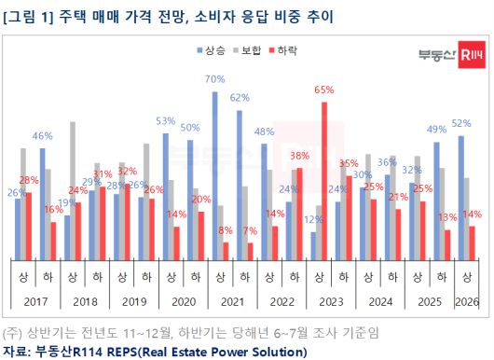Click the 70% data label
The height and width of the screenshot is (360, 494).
pos(214,79)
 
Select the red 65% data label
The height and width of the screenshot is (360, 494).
pos(323,90)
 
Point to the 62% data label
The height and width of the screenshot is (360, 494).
pos(239,97)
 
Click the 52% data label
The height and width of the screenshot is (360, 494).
pos(460,123)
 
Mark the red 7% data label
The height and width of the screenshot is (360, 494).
pos(249,230)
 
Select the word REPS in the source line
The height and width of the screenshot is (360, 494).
pos(119,351)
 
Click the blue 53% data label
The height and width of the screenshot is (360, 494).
pos(165,121)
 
